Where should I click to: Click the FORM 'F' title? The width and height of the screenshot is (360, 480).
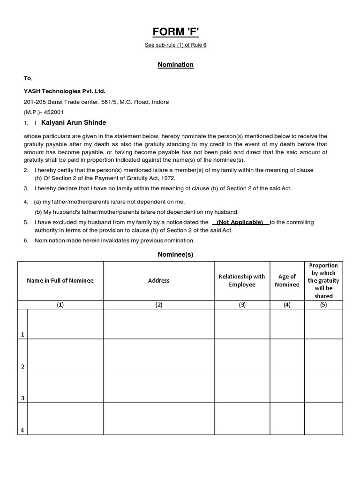pos(175,32)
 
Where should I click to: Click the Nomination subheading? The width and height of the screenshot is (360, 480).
pos(175,65)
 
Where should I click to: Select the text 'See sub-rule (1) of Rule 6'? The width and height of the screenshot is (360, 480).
pos(175,45)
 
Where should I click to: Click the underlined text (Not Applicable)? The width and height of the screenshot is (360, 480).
pos(240,222)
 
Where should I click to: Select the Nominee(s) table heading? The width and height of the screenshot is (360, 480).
pos(175,255)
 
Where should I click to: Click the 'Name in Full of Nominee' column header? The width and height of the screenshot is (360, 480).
pos(60,281)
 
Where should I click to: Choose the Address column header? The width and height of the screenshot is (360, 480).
pos(158,281)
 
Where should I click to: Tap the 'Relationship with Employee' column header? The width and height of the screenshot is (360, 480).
pos(242,281)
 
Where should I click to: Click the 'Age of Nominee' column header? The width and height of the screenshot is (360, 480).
pos(287,281)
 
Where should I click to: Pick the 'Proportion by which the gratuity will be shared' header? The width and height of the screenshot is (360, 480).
pos(323,281)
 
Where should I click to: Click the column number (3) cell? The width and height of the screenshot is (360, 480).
pos(242,305)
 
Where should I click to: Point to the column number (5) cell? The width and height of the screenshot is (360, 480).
pos(323,305)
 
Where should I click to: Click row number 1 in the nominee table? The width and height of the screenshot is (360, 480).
pos(22,334)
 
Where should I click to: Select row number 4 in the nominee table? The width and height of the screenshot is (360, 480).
pos(22,430)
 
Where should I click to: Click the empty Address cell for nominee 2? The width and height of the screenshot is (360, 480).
pos(158,355)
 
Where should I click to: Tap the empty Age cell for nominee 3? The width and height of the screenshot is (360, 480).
pos(287,387)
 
